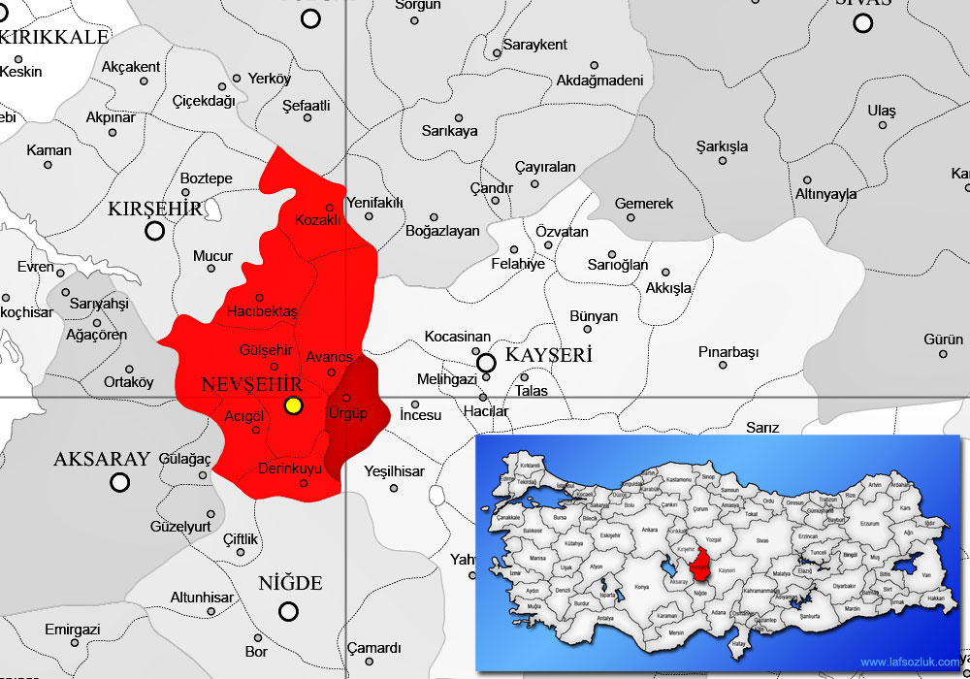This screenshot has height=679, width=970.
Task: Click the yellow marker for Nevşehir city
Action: click(x=294, y=406)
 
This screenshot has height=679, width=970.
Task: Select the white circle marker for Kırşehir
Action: click(x=154, y=231)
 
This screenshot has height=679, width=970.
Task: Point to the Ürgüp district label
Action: click(x=347, y=414)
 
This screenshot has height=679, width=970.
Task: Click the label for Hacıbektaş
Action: click(x=261, y=311)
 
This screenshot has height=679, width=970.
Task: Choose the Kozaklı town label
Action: click(x=317, y=220)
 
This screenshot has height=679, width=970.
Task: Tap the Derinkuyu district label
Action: click(x=290, y=469)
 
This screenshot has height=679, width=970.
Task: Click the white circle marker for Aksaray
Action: click(x=119, y=482)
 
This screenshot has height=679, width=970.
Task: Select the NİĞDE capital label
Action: click(x=290, y=583)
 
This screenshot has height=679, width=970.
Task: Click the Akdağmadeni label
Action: click(x=599, y=80)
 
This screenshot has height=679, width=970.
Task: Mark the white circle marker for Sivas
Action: click(x=862, y=22)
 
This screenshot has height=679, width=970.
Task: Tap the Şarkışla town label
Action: click(x=723, y=146)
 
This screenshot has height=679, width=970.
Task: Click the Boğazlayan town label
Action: click(x=442, y=231)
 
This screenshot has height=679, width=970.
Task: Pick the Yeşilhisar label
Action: click(x=395, y=471)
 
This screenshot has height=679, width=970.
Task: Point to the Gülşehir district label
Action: click(x=265, y=349)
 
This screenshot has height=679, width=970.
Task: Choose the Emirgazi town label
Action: click(x=73, y=630)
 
